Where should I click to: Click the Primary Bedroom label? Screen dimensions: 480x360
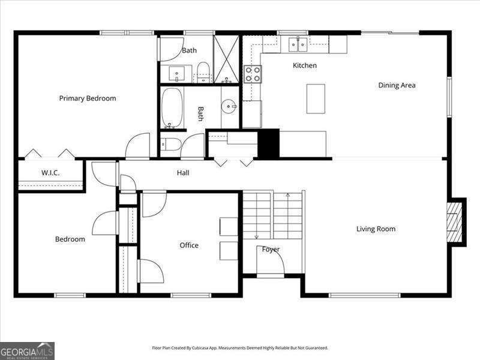tap(88, 98)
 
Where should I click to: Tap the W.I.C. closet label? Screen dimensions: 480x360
tap(50, 173)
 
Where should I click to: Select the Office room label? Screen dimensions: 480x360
tap(189, 245)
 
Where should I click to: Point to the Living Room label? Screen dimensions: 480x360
tap(376, 229)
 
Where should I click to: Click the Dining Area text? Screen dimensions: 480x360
tap(397, 85)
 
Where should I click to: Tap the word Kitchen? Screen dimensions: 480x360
tap(305, 65)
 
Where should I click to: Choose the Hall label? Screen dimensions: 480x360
tap(183, 173)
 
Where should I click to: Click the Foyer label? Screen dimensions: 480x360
tap(271, 250)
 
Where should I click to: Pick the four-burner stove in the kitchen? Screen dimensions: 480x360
tap(253, 74)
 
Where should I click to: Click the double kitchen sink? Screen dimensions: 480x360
tap(298, 44)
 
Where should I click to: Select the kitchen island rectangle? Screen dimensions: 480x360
tap(316, 99)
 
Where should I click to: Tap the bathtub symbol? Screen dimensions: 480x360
tap(172, 108)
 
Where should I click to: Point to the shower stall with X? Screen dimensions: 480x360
tap(226, 59)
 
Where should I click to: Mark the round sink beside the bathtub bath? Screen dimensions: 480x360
tap(229, 106)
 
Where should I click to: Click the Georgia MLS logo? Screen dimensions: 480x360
tap(27, 351)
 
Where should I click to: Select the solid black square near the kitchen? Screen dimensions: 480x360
tap(269, 143)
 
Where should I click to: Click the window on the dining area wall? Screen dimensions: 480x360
tap(449, 97)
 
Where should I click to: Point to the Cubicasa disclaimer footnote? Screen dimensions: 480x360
tap(240, 348)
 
